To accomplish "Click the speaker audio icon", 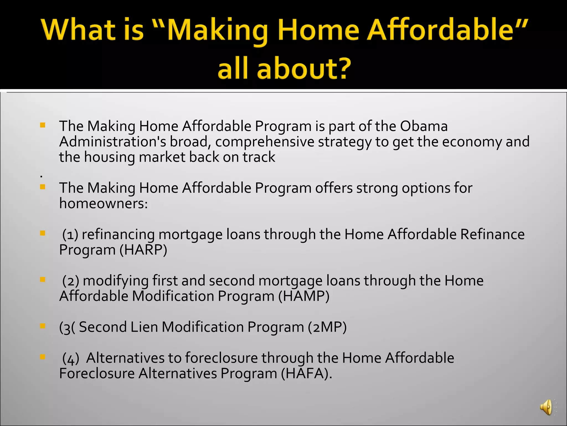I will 546,407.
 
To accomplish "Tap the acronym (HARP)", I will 143,250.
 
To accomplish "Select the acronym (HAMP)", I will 304,296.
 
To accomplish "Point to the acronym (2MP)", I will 327,327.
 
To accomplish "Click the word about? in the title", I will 304,68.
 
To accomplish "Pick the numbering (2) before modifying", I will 71,281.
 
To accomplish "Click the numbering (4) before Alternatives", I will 71,358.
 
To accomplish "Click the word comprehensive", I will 265,142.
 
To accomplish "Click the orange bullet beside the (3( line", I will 43,326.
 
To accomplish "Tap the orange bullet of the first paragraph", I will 43,125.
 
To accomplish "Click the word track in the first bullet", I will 259,157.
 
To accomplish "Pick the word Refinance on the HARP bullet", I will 492,234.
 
